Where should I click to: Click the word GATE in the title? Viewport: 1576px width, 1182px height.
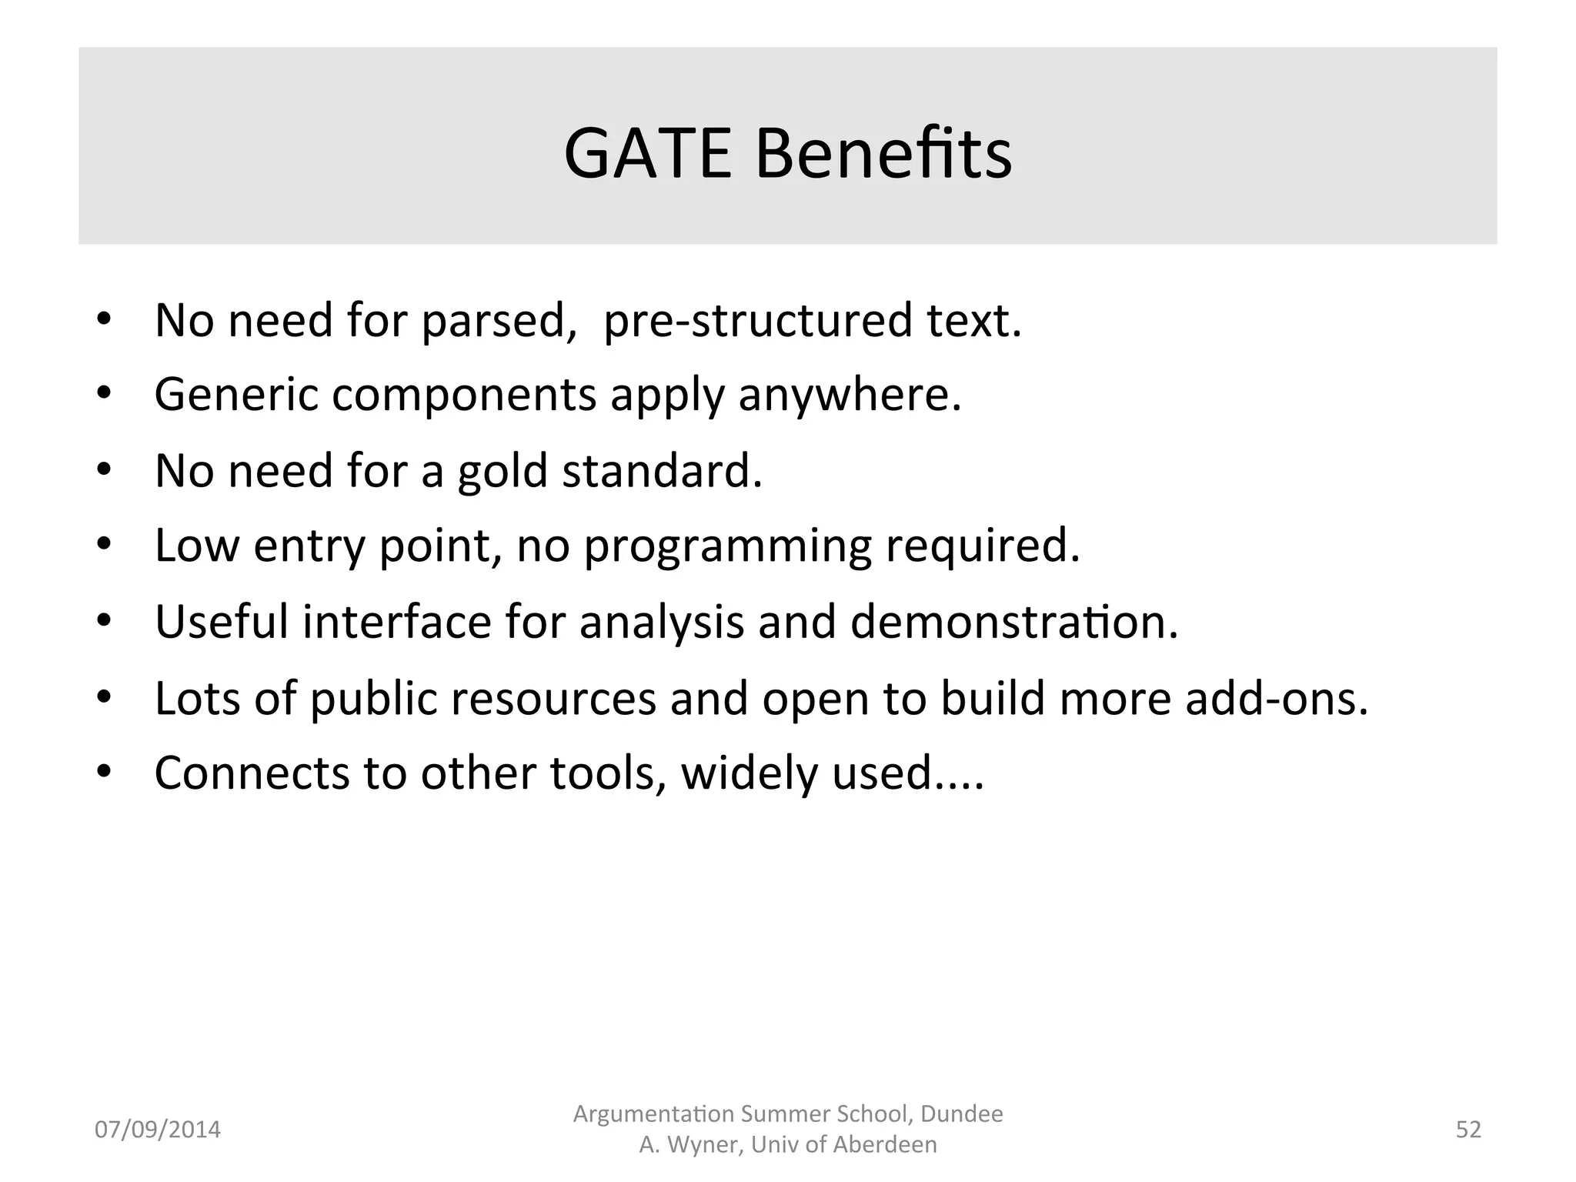647,154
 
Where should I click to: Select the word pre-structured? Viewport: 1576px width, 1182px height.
757,321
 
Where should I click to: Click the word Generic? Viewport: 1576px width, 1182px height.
236,395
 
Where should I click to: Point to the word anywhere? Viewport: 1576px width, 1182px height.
850,396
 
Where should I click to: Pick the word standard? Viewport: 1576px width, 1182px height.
662,471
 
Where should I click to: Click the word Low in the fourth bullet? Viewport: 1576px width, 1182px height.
197,546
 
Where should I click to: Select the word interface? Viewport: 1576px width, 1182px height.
396,622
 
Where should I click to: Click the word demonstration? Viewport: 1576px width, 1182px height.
1013,622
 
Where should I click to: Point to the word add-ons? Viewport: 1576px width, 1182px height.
1276,699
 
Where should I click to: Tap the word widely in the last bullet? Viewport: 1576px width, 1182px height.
748,774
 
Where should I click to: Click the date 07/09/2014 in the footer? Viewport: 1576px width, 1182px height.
158,1130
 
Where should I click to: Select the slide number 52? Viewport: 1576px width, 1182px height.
1468,1130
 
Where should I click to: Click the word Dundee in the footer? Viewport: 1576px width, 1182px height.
962,1114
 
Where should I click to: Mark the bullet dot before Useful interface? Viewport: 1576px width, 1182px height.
105,621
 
